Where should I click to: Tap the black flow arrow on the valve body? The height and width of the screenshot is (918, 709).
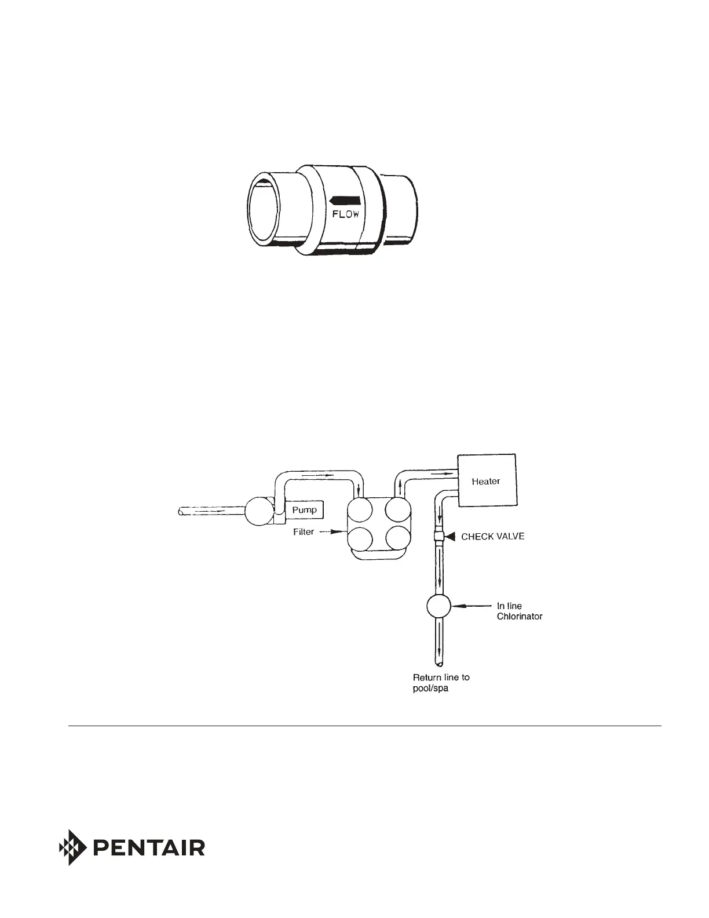click(x=345, y=201)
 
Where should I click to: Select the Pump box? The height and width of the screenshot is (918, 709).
click(x=305, y=510)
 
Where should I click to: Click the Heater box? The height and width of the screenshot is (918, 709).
click(x=487, y=480)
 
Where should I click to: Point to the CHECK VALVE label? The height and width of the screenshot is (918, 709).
click(x=492, y=537)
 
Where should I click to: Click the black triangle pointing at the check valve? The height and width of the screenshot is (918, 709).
click(x=451, y=537)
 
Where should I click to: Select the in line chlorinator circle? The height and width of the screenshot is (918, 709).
click(x=439, y=606)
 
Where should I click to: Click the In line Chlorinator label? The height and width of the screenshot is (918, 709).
click(x=519, y=611)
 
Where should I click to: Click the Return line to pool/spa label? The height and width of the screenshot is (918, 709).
click(x=441, y=683)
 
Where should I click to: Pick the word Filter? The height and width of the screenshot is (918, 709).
click(x=304, y=532)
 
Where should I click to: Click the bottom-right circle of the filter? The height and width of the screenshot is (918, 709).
click(x=398, y=538)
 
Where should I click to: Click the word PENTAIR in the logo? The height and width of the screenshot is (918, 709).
click(x=148, y=848)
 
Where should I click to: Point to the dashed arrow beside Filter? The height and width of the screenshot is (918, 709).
click(x=331, y=532)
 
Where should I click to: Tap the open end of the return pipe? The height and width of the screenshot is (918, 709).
click(x=439, y=661)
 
